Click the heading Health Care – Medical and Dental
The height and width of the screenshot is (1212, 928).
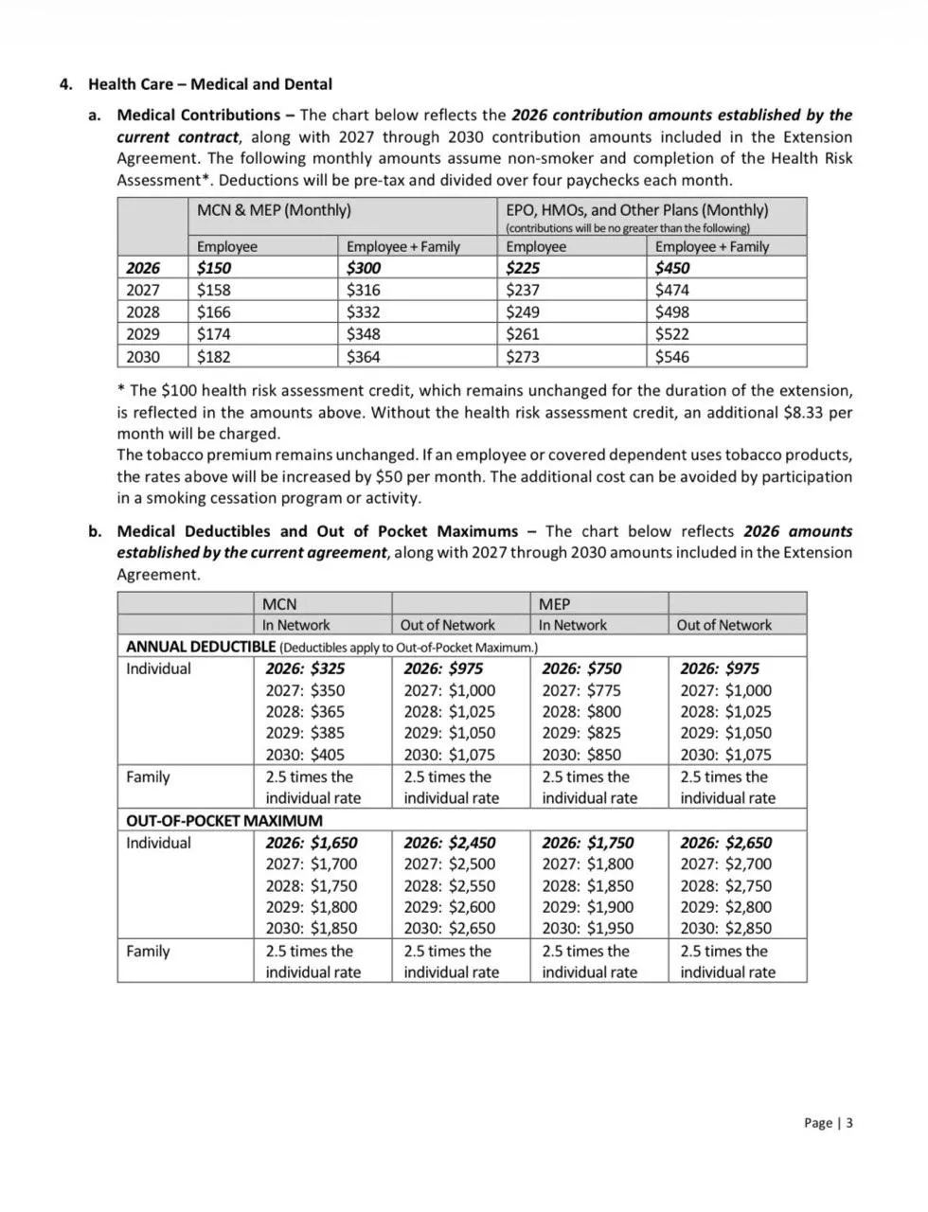(210, 84)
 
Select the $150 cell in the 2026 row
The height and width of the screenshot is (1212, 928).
(214, 268)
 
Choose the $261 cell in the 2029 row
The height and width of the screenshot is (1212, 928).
(523, 334)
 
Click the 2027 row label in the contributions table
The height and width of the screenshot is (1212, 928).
(143, 291)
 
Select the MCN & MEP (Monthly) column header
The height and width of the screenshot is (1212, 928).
(274, 210)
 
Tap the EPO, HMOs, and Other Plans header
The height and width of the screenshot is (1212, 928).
(636, 210)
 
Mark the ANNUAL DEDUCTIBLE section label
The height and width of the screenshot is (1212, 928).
(201, 647)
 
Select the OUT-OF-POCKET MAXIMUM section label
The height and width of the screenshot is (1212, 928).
(223, 821)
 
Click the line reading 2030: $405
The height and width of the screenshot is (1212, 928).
(305, 755)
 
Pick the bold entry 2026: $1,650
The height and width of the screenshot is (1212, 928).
(312, 843)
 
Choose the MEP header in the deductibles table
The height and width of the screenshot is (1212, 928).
(555, 604)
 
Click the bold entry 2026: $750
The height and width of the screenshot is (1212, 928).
(581, 668)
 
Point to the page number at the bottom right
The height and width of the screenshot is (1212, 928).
(828, 1123)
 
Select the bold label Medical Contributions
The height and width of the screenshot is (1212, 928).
(198, 116)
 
